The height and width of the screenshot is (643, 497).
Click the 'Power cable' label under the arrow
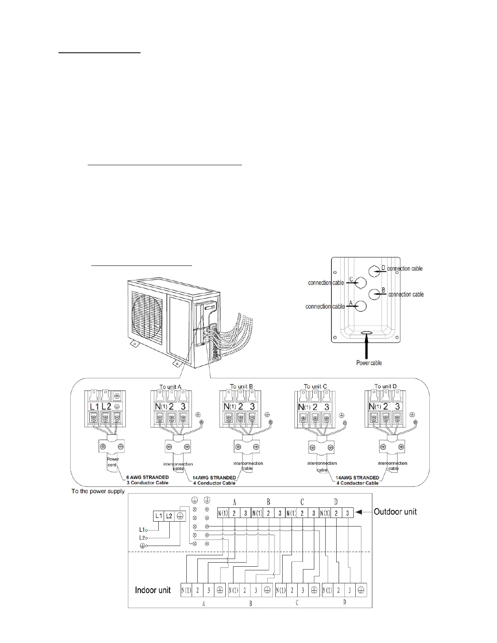coord(369,362)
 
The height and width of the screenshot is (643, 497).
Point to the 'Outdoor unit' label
coord(395,511)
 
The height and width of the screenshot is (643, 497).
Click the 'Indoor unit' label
coord(153,590)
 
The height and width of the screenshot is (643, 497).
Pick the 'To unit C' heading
coord(315,386)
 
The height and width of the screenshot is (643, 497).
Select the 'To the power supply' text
coord(98,491)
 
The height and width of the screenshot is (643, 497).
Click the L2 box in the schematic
coord(169,516)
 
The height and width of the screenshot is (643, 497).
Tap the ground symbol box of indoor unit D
coord(361,591)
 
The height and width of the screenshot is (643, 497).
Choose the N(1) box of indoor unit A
coord(186,591)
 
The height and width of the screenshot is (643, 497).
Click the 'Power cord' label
coord(112,462)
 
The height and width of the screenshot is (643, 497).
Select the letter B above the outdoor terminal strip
coord(268,502)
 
